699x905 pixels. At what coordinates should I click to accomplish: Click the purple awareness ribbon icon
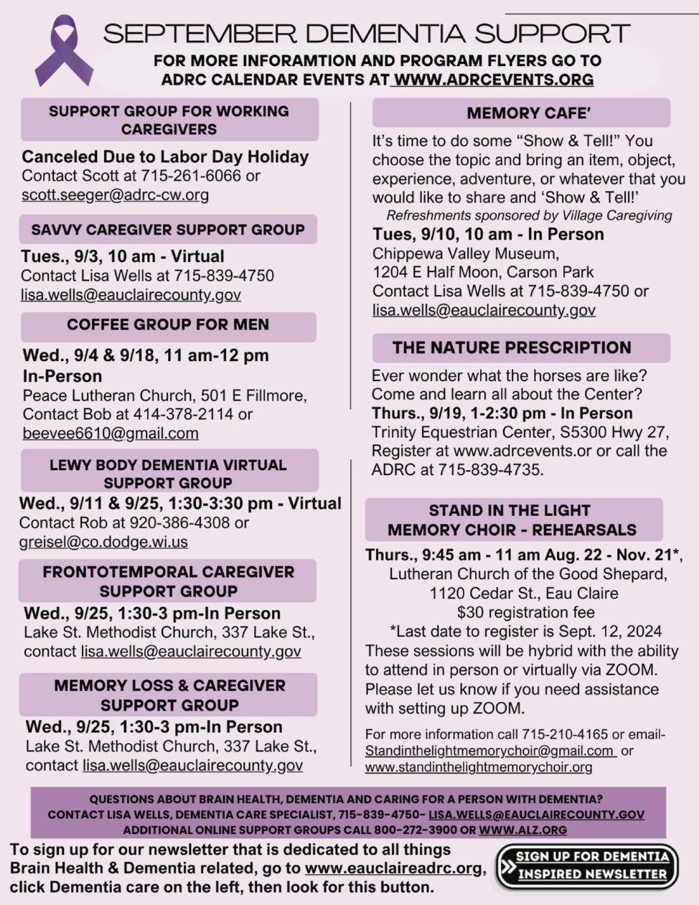63,52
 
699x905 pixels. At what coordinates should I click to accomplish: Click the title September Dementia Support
367,33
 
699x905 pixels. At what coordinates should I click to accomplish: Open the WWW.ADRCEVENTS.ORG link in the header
494,80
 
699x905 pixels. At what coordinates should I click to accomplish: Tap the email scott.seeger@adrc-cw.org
116,194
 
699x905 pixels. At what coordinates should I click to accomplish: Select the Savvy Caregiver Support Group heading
168,230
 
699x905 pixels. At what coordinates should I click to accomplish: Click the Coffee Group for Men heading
168,324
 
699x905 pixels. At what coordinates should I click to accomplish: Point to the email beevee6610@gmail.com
111,433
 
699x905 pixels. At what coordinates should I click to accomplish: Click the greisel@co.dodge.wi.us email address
103,542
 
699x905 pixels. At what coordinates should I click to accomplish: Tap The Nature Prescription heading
512,347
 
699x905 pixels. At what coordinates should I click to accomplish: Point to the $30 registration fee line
525,612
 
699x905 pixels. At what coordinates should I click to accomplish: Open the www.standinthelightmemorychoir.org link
479,767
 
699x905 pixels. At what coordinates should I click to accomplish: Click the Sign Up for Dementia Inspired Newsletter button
587,865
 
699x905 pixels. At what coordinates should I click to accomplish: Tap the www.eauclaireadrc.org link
393,868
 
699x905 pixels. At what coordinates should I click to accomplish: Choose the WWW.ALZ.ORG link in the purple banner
522,830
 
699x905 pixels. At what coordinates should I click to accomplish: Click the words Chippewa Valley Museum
465,253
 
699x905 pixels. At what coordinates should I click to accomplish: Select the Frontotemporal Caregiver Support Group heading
168,581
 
